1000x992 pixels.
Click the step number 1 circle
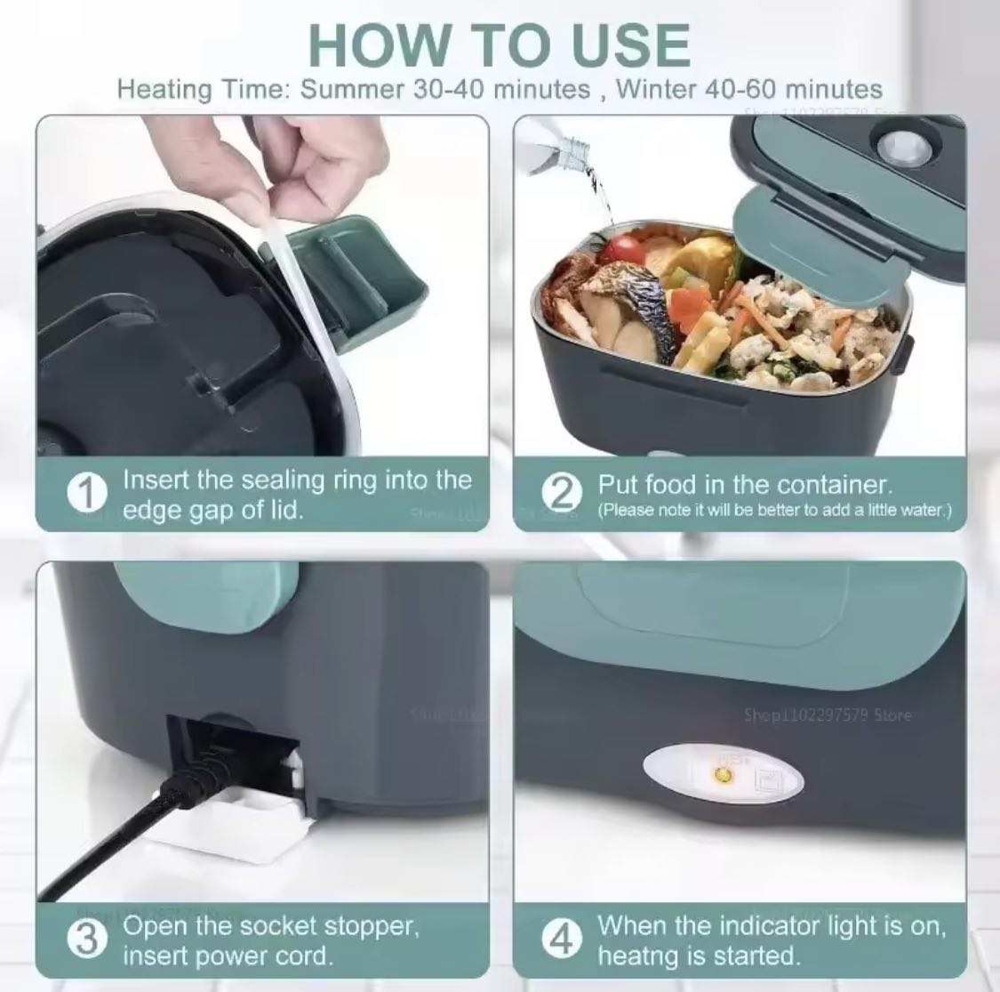pyautogui.click(x=86, y=496)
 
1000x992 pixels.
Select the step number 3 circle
pyautogui.click(x=86, y=941)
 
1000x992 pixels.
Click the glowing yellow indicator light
pyautogui.click(x=724, y=777)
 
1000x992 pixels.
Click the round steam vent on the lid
pyautogui.click(x=898, y=145)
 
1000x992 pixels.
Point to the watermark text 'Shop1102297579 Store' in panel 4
pyautogui.click(x=827, y=714)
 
